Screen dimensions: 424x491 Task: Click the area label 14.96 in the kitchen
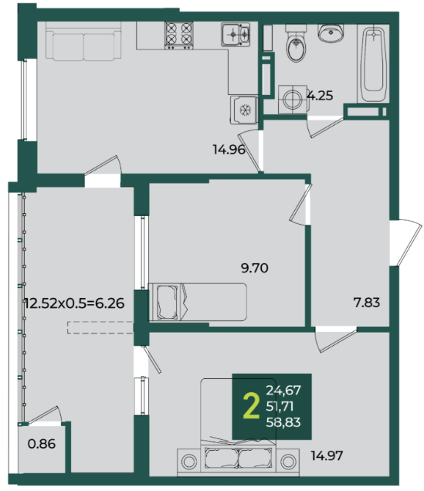(x=229, y=149)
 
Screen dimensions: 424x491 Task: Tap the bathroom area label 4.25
(x=320, y=96)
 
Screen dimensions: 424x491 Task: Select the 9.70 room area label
(x=255, y=268)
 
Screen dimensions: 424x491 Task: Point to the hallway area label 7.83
(x=366, y=303)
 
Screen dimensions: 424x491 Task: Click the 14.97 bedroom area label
(x=327, y=455)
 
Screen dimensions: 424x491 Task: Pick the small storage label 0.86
(x=42, y=444)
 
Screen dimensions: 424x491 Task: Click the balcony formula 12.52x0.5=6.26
(x=75, y=303)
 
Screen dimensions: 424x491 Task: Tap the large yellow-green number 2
(x=252, y=406)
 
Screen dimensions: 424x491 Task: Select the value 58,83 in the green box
(x=283, y=422)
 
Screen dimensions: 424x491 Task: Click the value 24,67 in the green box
(x=283, y=390)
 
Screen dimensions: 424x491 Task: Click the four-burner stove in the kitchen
(x=179, y=36)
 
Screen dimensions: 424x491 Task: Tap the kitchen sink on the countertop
(x=236, y=34)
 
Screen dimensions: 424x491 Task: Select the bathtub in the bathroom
(x=373, y=65)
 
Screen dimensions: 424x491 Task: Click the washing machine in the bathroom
(x=293, y=100)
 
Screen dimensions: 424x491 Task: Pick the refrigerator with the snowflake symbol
(x=244, y=110)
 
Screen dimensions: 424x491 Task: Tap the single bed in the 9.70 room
(x=198, y=302)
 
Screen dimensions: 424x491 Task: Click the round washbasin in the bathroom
(x=331, y=33)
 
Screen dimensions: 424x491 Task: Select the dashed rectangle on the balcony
(x=100, y=327)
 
